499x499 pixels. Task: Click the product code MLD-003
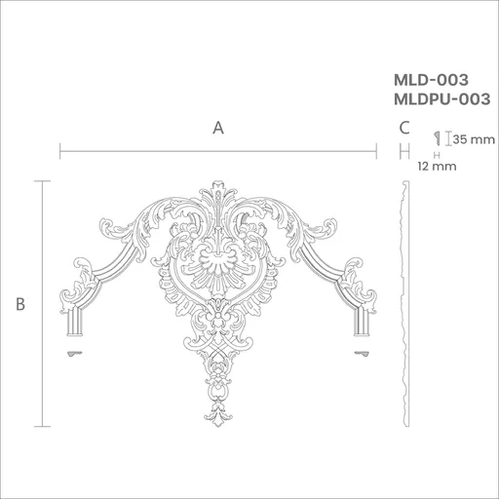431,80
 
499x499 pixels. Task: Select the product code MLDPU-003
441,99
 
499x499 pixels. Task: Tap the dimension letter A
218,128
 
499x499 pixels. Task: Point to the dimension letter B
20,304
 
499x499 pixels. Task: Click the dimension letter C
404,128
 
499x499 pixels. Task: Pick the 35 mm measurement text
474,139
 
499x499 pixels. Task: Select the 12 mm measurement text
437,167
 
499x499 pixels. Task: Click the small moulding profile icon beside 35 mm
437,138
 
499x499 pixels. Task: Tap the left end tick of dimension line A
60,151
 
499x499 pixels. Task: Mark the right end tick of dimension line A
376,151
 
